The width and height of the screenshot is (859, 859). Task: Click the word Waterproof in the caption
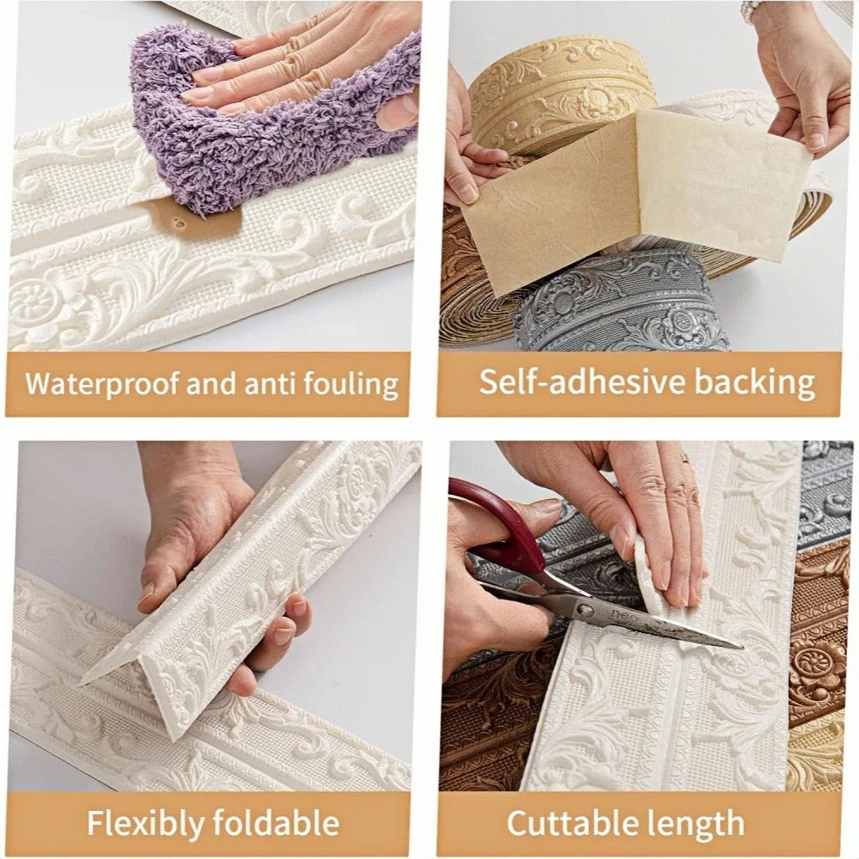point(102,383)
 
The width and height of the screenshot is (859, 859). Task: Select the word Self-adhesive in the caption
point(582,381)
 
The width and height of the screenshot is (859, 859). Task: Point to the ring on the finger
point(685,459)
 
